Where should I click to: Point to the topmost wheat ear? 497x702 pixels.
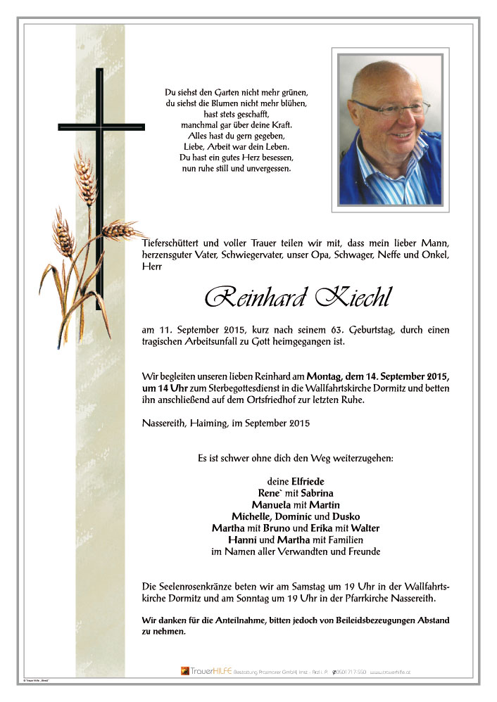(84, 174)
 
